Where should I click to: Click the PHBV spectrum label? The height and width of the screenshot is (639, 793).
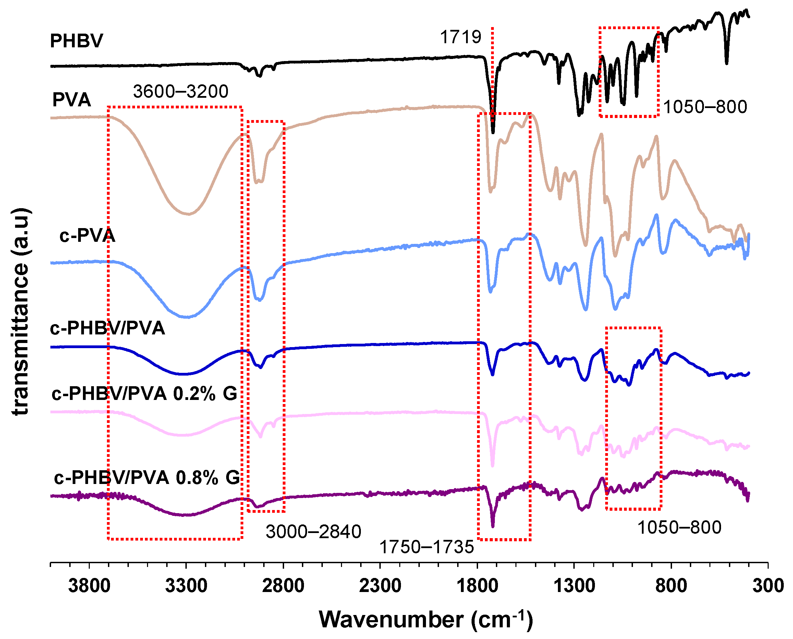pyautogui.click(x=76, y=40)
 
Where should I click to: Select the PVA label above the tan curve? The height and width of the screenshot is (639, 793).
pyautogui.click(x=71, y=100)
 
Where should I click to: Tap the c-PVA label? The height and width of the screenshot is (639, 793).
pyautogui.click(x=87, y=236)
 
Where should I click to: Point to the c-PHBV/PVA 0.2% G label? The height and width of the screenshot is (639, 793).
pyautogui.click(x=145, y=394)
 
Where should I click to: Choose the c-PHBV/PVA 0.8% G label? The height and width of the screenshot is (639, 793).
pyautogui.click(x=147, y=478)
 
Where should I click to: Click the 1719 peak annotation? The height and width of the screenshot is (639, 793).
pyautogui.click(x=461, y=37)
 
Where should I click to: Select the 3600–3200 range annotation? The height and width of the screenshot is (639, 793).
pyautogui.click(x=181, y=91)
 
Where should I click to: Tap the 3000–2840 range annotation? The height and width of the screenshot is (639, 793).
pyautogui.click(x=313, y=532)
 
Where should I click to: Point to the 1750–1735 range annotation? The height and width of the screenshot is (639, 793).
pyautogui.click(x=426, y=547)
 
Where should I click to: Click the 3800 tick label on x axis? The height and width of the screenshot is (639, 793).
pyautogui.click(x=89, y=585)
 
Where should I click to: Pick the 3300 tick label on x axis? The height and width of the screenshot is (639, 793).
pyautogui.click(x=186, y=585)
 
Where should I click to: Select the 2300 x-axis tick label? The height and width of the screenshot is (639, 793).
pyautogui.click(x=380, y=585)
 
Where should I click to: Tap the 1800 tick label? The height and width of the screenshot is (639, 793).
pyautogui.click(x=477, y=585)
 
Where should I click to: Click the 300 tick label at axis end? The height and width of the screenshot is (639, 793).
pyautogui.click(x=768, y=585)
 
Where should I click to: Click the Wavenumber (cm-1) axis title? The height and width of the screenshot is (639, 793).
pyautogui.click(x=426, y=619)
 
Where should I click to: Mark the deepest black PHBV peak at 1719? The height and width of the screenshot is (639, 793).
pyautogui.click(x=493, y=132)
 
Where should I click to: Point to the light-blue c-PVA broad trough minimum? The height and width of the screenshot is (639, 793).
pyautogui.click(x=187, y=317)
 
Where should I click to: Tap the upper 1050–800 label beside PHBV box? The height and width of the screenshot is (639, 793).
pyautogui.click(x=705, y=107)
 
